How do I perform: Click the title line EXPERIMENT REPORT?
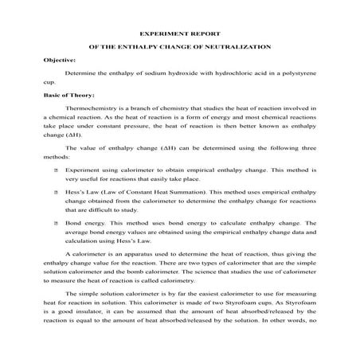pos(179,35)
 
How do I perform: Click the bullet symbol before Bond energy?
pos(55,223)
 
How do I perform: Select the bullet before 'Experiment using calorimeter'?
pos(55,170)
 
